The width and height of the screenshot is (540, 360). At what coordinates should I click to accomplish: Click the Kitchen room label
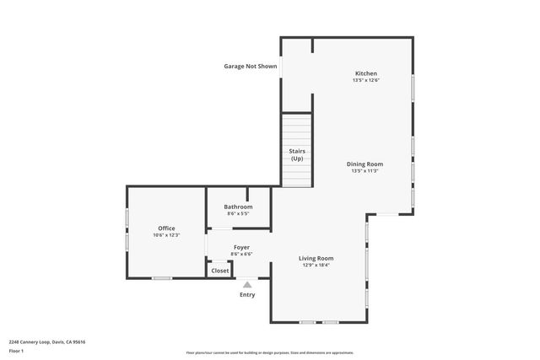pyautogui.click(x=365, y=74)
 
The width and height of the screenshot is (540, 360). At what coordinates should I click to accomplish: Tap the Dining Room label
pyautogui.click(x=364, y=164)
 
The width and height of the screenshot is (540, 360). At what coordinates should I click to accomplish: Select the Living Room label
pyautogui.click(x=316, y=258)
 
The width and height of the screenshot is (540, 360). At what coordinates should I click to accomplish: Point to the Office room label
pyautogui.click(x=166, y=228)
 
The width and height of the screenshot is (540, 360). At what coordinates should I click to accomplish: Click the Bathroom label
pyautogui.click(x=238, y=207)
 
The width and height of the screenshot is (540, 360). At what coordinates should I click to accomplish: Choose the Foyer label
pyautogui.click(x=241, y=247)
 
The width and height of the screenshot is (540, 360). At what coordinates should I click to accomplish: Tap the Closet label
pyautogui.click(x=219, y=271)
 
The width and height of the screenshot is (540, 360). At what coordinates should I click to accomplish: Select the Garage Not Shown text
pyautogui.click(x=250, y=66)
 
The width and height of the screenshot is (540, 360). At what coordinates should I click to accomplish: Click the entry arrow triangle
pyautogui.click(x=247, y=285)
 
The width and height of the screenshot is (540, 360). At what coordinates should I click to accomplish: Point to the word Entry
pyautogui.click(x=247, y=295)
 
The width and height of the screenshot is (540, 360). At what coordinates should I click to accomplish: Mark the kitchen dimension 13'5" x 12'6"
pyautogui.click(x=365, y=81)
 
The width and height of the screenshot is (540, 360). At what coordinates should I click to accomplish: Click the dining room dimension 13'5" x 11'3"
pyautogui.click(x=364, y=170)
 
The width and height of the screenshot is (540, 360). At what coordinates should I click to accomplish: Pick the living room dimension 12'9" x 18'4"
pyautogui.click(x=316, y=265)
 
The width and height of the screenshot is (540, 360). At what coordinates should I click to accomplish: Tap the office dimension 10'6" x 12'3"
pyautogui.click(x=166, y=235)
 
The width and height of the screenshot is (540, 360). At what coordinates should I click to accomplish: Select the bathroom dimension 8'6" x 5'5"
pyautogui.click(x=238, y=213)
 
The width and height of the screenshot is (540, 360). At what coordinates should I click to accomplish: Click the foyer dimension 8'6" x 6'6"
pyautogui.click(x=241, y=254)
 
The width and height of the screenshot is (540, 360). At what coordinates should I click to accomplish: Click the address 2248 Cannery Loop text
pyautogui.click(x=47, y=341)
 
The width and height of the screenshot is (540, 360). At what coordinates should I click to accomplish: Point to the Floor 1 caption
pyautogui.click(x=17, y=350)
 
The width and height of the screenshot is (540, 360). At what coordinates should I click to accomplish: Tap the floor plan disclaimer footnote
pyautogui.click(x=270, y=352)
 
